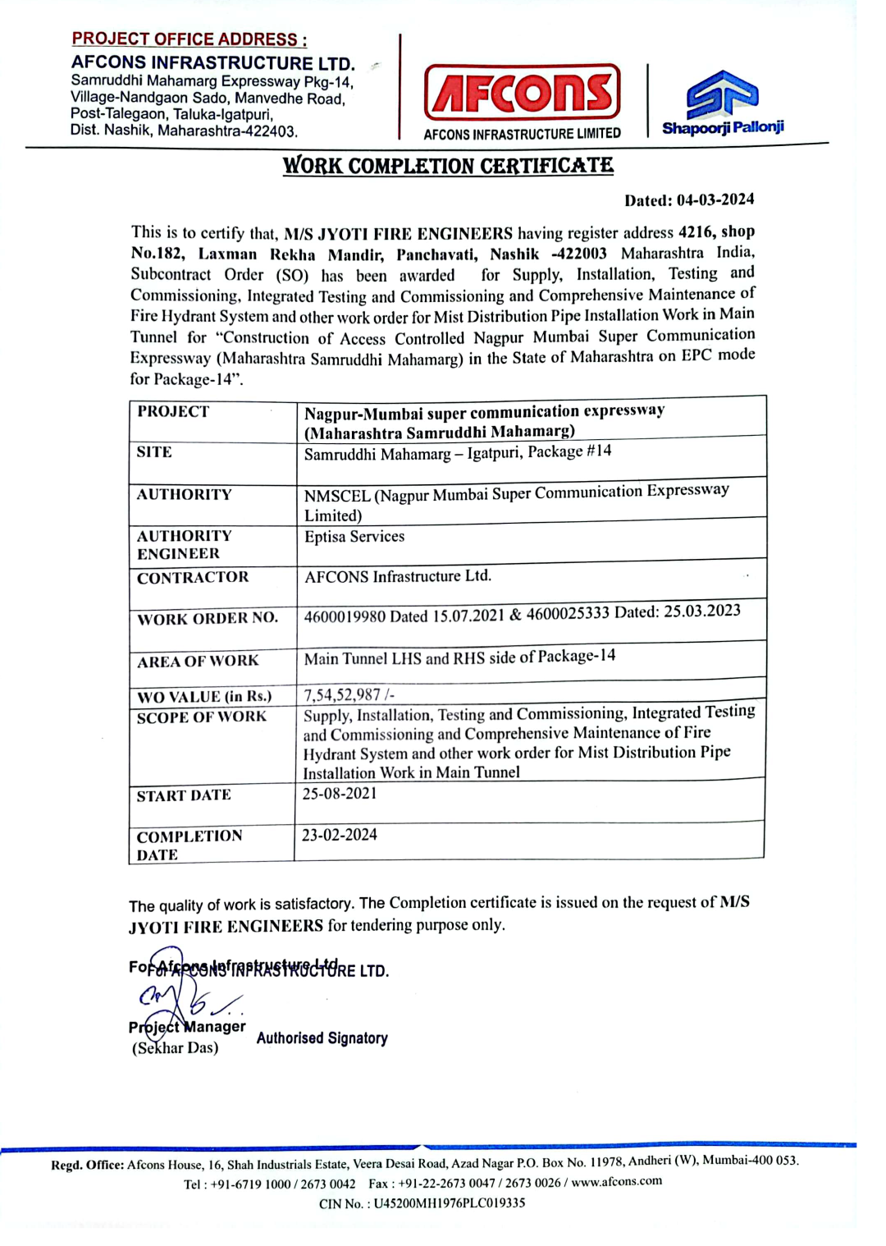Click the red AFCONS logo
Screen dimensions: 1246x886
tap(522, 93)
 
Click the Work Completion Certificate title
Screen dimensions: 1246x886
tap(448, 166)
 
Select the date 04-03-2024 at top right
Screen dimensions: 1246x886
tap(715, 199)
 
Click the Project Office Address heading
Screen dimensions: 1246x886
tap(189, 39)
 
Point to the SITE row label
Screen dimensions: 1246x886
tap(154, 452)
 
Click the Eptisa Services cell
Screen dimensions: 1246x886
tap(354, 537)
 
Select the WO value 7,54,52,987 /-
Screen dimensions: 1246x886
tap(349, 695)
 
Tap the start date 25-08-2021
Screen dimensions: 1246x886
tap(340, 794)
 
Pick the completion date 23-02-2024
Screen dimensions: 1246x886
tap(340, 835)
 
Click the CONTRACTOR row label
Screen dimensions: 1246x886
tap(193, 578)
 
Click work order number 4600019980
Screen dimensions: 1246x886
tap(345, 616)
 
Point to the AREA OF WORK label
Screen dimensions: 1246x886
tap(198, 662)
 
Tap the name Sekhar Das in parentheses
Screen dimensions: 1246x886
tap(176, 1048)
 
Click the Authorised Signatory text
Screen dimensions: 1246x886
tap(322, 1038)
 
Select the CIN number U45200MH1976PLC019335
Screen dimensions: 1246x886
tap(450, 1203)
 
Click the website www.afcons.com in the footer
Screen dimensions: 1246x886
tap(617, 1182)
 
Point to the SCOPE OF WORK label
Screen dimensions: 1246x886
tap(202, 717)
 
